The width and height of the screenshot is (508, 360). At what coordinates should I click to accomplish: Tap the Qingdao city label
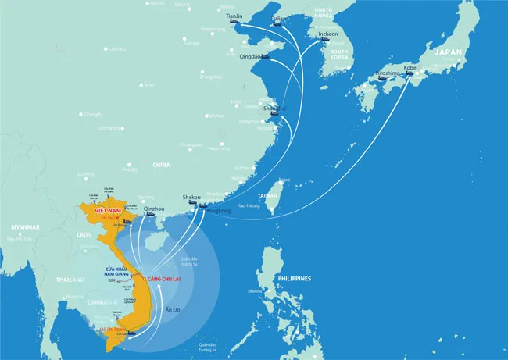pyautogui.click(x=249, y=55)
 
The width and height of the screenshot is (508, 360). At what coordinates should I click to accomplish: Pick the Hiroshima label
pyautogui.click(x=388, y=73)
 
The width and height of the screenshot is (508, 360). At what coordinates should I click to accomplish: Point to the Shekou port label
pyautogui.click(x=191, y=197)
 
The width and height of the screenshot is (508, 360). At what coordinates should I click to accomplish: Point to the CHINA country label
pyautogui.click(x=161, y=165)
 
